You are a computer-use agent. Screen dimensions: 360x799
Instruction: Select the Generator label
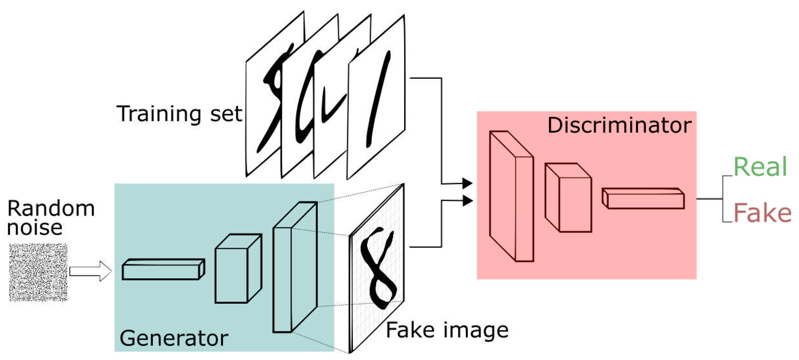tap(174, 339)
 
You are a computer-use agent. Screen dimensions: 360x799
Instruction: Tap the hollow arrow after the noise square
tap(90, 271)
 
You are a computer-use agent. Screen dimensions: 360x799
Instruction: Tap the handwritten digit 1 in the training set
tap(378, 99)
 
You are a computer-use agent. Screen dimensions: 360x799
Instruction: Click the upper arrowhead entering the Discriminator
tap(467, 183)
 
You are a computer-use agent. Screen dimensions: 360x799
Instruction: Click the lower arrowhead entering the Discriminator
tap(467, 201)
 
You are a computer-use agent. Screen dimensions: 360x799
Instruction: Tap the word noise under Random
tap(35, 228)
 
